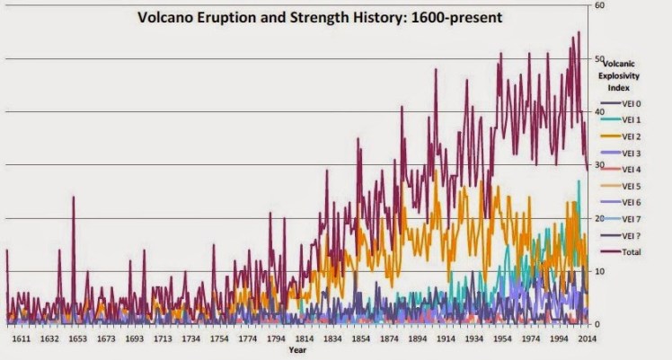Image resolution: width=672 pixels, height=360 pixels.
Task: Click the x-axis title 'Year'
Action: point(297,350)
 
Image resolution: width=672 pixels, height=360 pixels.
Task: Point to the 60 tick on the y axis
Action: point(598,6)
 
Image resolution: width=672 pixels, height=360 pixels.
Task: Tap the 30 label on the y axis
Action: point(598,165)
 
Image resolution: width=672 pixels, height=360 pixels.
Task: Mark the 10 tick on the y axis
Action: point(598,271)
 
